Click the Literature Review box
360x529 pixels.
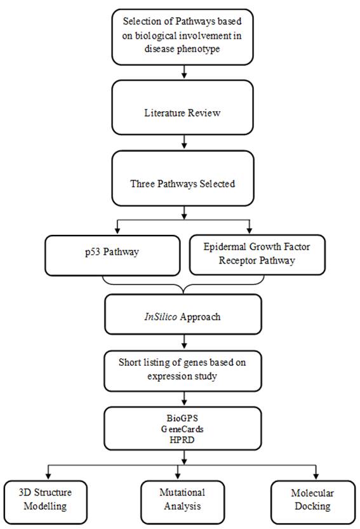[x=182, y=107]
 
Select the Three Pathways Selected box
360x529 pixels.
[x=182, y=178]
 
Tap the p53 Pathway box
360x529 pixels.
[x=112, y=255]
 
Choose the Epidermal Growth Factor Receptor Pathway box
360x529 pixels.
[x=257, y=255]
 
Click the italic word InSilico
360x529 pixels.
[x=161, y=317]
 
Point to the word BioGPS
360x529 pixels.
[x=182, y=418]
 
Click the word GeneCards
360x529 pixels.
[x=182, y=429]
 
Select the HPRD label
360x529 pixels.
[x=182, y=440]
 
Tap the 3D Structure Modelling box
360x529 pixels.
[x=46, y=502]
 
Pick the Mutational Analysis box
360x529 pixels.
[x=182, y=502]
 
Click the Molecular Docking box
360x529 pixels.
[x=313, y=502]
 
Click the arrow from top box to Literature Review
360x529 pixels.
[x=184, y=72]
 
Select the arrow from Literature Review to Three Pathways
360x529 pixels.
[x=184, y=142]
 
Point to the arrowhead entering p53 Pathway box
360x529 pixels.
[x=117, y=231]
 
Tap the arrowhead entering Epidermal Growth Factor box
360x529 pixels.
[x=250, y=230]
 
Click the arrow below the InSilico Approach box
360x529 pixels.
[x=184, y=342]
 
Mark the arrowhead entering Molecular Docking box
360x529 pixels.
[x=316, y=476]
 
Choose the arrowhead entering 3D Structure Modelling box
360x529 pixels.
[x=48, y=476]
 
